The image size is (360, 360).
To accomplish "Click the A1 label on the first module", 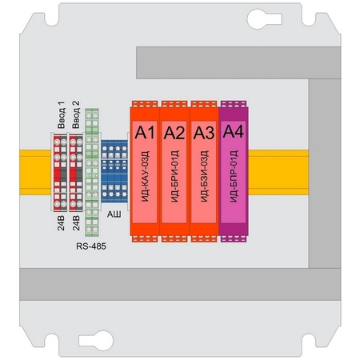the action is pyautogui.click(x=145, y=132).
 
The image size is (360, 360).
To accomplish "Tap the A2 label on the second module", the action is pyautogui.click(x=174, y=133).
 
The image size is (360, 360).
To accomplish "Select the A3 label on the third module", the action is pyautogui.click(x=204, y=133).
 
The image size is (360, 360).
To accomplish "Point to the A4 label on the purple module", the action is pyautogui.click(x=234, y=131).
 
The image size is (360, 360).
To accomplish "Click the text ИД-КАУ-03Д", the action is pyautogui.click(x=145, y=176).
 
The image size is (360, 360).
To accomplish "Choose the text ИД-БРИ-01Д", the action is pyautogui.click(x=174, y=176).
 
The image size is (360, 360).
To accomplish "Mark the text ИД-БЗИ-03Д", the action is pyautogui.click(x=204, y=176).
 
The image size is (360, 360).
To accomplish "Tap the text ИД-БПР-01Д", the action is pyautogui.click(x=234, y=176).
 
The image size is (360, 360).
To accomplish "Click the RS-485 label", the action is pyautogui.click(x=91, y=246).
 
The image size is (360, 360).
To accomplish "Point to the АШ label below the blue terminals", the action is pyautogui.click(x=114, y=214).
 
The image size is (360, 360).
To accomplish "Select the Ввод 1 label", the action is pyautogui.click(x=61, y=114).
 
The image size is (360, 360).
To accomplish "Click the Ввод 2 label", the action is pyautogui.click(x=76, y=114).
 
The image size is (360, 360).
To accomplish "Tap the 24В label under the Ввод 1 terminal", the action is pyautogui.click(x=61, y=223).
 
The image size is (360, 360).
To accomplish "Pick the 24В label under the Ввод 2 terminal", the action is pyautogui.click(x=76, y=223).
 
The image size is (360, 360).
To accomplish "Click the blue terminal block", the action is pyautogui.click(x=114, y=171).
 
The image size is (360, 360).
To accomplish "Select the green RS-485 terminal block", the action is pyautogui.click(x=92, y=172).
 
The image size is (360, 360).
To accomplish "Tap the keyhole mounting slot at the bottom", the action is pyautogui.click(x=96, y=341).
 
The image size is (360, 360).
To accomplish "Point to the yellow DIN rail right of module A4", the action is pyautogui.click(x=278, y=172).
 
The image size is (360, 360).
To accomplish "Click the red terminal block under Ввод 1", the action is pyautogui.click(x=60, y=172).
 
